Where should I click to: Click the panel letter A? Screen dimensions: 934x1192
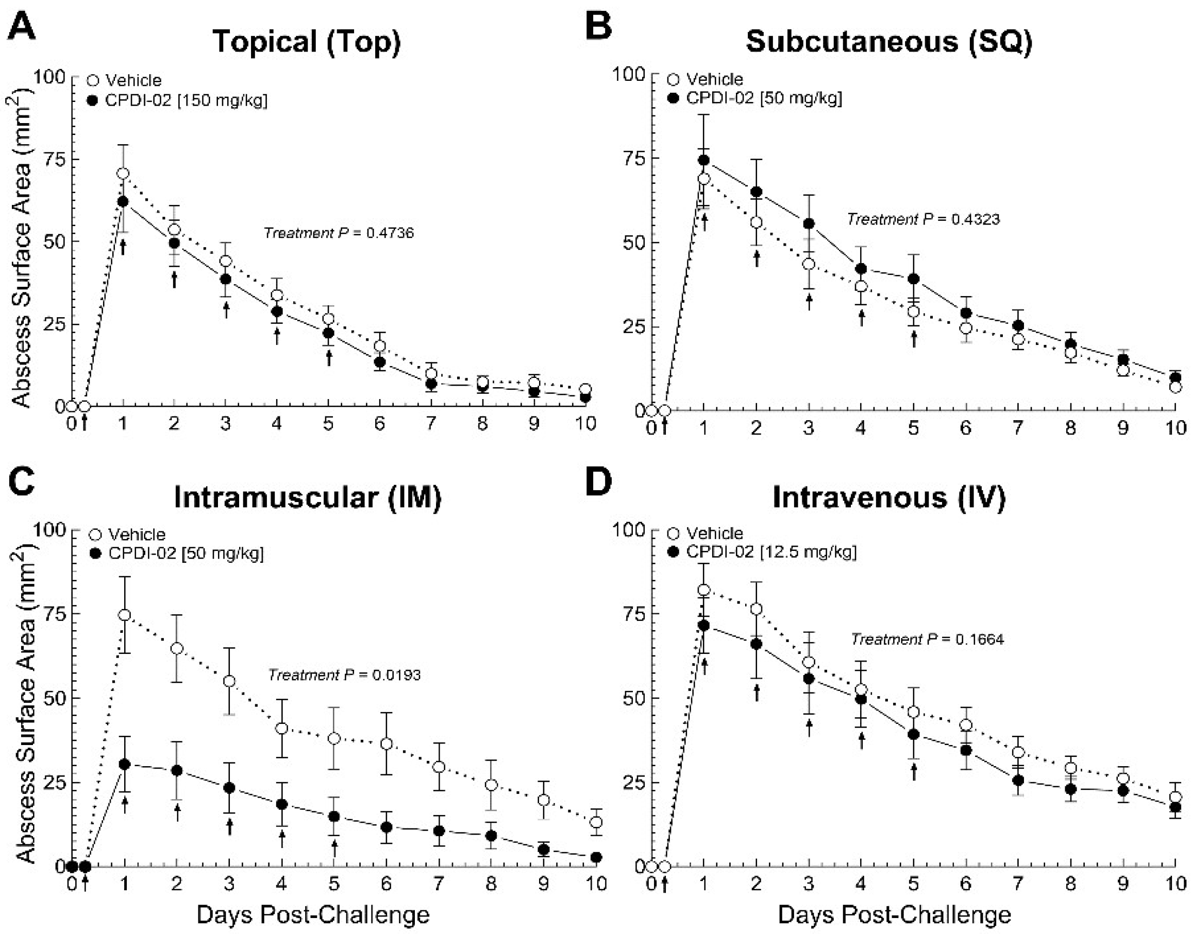click(22, 27)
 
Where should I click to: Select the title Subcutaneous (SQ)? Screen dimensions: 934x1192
click(888, 41)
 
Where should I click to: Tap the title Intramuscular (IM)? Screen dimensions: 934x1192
click(308, 497)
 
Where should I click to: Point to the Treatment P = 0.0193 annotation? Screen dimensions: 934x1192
click(344, 675)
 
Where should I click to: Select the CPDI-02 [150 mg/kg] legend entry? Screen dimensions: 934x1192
click(178, 100)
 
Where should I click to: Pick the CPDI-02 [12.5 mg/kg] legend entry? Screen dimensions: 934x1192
click(762, 552)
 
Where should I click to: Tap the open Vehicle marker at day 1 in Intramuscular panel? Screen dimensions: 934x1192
click(125, 615)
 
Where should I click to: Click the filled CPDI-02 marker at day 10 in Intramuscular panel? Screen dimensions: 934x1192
click(597, 857)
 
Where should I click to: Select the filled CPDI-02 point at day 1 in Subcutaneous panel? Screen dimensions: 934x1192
click(704, 160)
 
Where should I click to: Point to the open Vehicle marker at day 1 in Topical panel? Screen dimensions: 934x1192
click(123, 174)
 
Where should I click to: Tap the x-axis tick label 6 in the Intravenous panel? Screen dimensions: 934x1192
click(966, 884)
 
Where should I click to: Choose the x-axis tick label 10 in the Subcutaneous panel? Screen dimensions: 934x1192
click(1175, 428)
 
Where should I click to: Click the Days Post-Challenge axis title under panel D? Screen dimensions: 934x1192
click(894, 914)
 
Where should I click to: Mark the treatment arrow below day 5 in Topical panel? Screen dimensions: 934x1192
click(328, 358)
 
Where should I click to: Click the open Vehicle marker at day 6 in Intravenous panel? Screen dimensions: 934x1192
click(966, 725)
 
